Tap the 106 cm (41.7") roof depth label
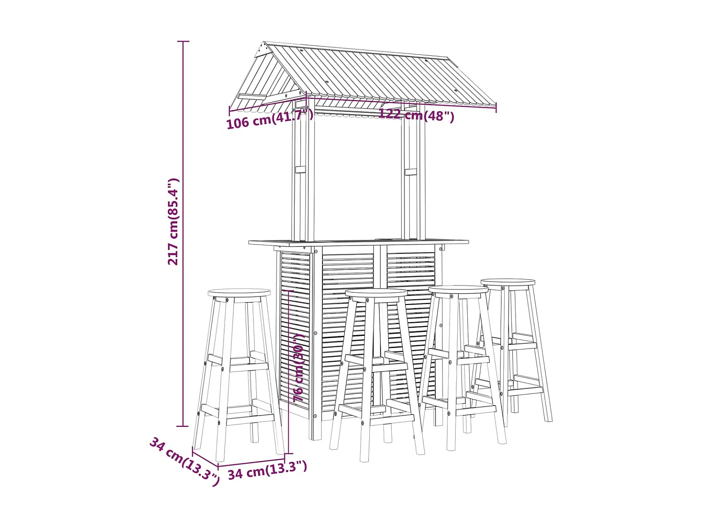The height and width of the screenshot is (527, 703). [269, 119]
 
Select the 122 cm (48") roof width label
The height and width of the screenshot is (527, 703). [416, 115]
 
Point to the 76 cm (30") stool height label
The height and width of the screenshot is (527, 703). [299, 368]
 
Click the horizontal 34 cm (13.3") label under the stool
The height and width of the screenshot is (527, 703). [268, 469]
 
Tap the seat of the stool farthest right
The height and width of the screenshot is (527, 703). [508, 282]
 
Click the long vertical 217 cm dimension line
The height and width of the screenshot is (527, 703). [183, 234]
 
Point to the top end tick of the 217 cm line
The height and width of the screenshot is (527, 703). [183, 41]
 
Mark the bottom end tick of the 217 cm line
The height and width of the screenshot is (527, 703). [183, 426]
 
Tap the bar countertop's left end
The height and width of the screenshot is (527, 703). [249, 242]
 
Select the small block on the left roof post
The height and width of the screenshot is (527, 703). [300, 169]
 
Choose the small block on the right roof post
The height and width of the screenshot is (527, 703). [411, 172]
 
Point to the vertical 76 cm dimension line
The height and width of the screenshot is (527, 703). [289, 372]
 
